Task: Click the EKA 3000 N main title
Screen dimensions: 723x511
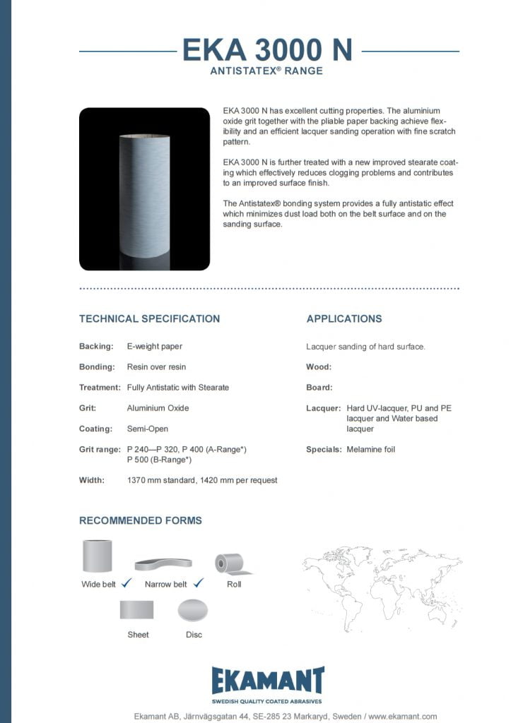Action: [x=267, y=50]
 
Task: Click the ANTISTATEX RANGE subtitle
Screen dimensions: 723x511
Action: [x=267, y=71]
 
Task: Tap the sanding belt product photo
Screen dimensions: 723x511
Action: [x=144, y=189]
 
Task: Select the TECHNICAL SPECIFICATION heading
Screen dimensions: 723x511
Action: [x=149, y=318]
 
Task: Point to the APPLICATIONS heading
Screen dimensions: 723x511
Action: [x=344, y=318]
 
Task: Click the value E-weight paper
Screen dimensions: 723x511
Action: [x=155, y=347]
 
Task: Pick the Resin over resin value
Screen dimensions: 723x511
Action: [x=156, y=367]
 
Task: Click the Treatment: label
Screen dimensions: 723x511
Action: [x=100, y=388]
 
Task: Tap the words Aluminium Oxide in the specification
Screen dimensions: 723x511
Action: [x=158, y=408]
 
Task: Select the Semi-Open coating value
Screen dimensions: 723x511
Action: [x=148, y=429]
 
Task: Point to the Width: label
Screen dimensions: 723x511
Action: [x=92, y=480]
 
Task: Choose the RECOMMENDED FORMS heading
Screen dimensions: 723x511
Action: [x=141, y=520]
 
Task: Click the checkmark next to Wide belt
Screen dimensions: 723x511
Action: [x=127, y=583]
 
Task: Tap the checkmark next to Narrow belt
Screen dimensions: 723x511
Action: [x=198, y=583]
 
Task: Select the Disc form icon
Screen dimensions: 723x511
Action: [x=193, y=609]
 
